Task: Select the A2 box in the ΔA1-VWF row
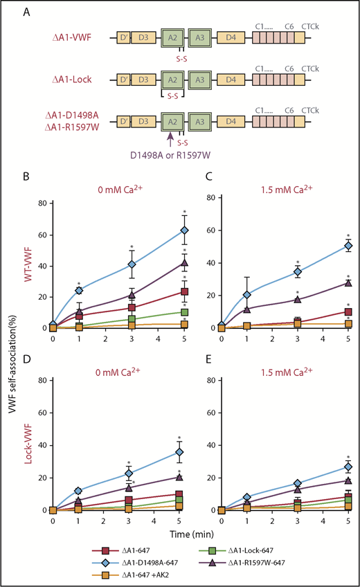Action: pyautogui.click(x=172, y=37)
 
